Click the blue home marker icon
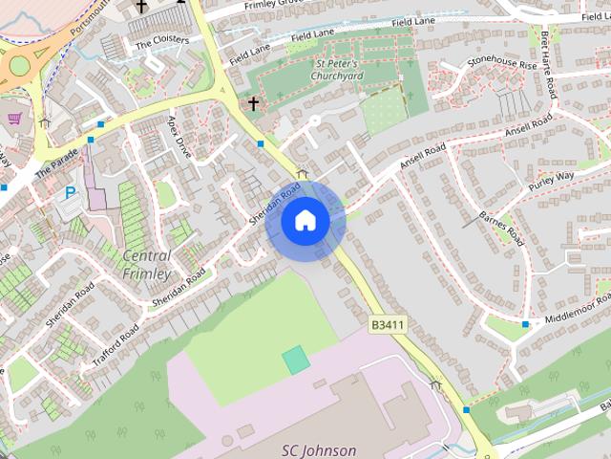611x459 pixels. pyautogui.click(x=305, y=221)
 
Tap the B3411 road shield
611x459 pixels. pyautogui.click(x=388, y=325)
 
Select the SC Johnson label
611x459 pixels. pyautogui.click(x=319, y=450)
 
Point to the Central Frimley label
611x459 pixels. pyautogui.click(x=147, y=264)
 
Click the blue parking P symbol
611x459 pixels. pyautogui.click(x=70, y=192)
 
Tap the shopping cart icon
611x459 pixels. pyautogui.click(x=14, y=119)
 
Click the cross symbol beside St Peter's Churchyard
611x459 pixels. pyautogui.click(x=254, y=102)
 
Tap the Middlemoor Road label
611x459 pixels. pyautogui.click(x=577, y=307)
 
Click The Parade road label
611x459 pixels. pyautogui.click(x=54, y=165)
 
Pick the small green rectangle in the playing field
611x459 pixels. pyautogui.click(x=296, y=361)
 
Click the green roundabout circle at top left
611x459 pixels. pyautogui.click(x=18, y=65)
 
